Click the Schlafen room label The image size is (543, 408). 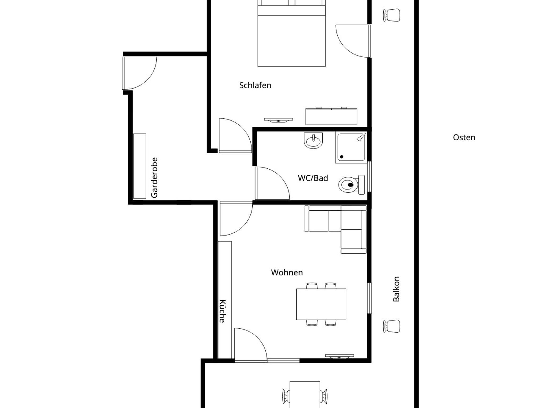[255, 85]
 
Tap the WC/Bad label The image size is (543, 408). [313, 178]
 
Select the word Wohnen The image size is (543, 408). [287, 272]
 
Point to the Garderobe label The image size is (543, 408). [154, 177]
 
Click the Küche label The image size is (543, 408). [222, 311]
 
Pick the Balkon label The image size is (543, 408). [396, 289]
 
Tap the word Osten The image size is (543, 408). [464, 137]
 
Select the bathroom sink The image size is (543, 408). [313, 141]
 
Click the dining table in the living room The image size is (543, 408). [321, 304]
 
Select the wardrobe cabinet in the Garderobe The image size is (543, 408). [139, 166]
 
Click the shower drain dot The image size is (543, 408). [342, 157]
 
